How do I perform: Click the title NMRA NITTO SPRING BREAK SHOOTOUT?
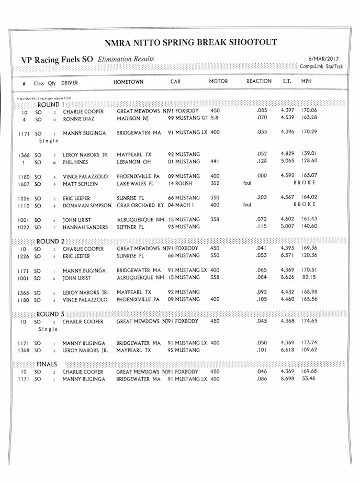pos(190,43)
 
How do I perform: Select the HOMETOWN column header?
pos(128,82)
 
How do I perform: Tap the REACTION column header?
pos(259,82)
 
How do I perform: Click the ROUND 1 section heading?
pos(48,104)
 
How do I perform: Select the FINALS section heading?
pos(47,364)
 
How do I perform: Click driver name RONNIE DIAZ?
pos(80,119)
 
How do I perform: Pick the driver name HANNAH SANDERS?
pos(85,227)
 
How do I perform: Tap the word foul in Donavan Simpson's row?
pos(248,206)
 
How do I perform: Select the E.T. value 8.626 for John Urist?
pos(289,278)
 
